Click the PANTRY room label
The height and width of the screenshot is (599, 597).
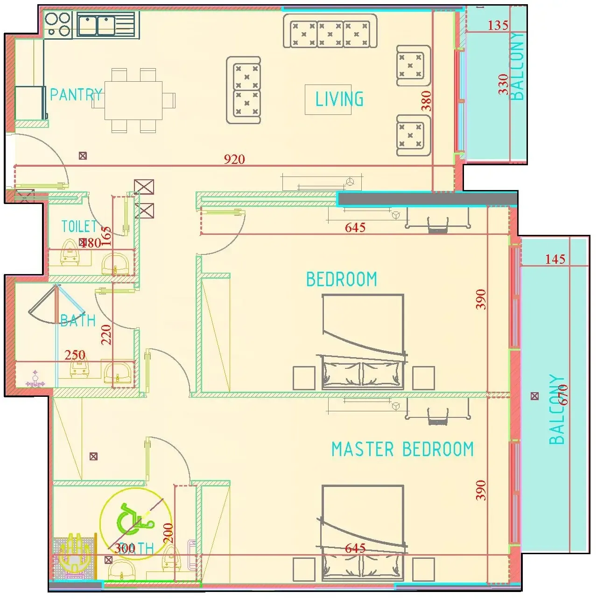(x=76, y=95)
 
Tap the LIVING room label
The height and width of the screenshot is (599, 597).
(x=339, y=99)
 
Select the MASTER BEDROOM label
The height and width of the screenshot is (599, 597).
(x=402, y=449)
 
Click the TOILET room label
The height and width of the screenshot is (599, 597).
(x=79, y=227)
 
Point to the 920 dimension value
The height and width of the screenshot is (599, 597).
(x=234, y=159)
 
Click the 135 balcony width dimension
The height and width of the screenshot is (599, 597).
(x=498, y=25)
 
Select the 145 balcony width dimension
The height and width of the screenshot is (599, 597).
(x=555, y=259)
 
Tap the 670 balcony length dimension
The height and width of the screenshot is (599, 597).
(x=563, y=395)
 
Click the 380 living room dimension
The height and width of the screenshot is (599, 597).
(x=426, y=101)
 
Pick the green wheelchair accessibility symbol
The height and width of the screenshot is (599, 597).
(x=134, y=519)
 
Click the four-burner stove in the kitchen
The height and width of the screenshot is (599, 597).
(x=58, y=25)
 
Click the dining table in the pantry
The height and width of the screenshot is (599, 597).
(x=133, y=100)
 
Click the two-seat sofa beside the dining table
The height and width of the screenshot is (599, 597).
(x=243, y=91)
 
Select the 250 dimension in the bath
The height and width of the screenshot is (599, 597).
(x=75, y=355)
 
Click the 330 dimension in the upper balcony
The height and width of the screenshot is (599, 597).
(x=503, y=84)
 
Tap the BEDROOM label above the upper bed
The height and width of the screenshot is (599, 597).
(x=341, y=279)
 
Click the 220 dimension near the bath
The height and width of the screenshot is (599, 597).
(x=106, y=334)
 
